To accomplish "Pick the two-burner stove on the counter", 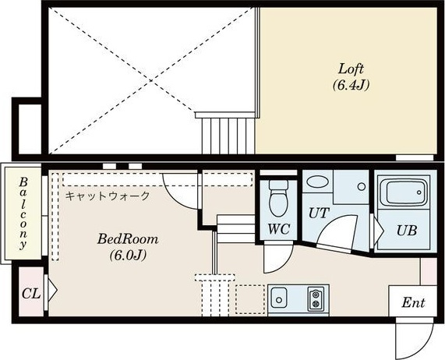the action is pyautogui.click(x=316, y=298).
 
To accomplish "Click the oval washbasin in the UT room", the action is pyautogui.click(x=317, y=182).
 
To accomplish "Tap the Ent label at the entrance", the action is pyautogui.click(x=413, y=302).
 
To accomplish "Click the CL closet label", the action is pyautogui.click(x=31, y=294).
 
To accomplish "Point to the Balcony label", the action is pyautogui.click(x=23, y=213).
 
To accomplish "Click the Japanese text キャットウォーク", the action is pyautogui.click(x=108, y=196).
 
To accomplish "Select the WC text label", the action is pyautogui.click(x=279, y=229).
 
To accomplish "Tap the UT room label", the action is pyautogui.click(x=319, y=213).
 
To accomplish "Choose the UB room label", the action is pyautogui.click(x=407, y=231).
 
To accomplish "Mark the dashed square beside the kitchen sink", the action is pyautogui.click(x=250, y=299).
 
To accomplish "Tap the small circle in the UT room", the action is pyautogui.click(x=362, y=187).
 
